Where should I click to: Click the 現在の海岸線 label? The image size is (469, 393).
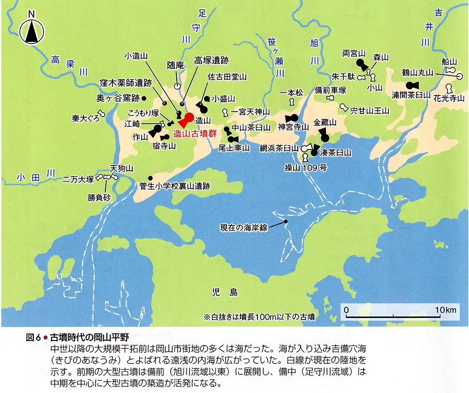pyautogui.click(x=243, y=228)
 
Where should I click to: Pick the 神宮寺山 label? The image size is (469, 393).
pyautogui.click(x=294, y=127)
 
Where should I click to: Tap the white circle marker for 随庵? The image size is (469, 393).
pyautogui.click(x=177, y=86)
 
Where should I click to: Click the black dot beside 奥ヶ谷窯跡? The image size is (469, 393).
pyautogui.click(x=144, y=98)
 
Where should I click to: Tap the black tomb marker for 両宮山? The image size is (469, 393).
pyautogui.click(x=361, y=64)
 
